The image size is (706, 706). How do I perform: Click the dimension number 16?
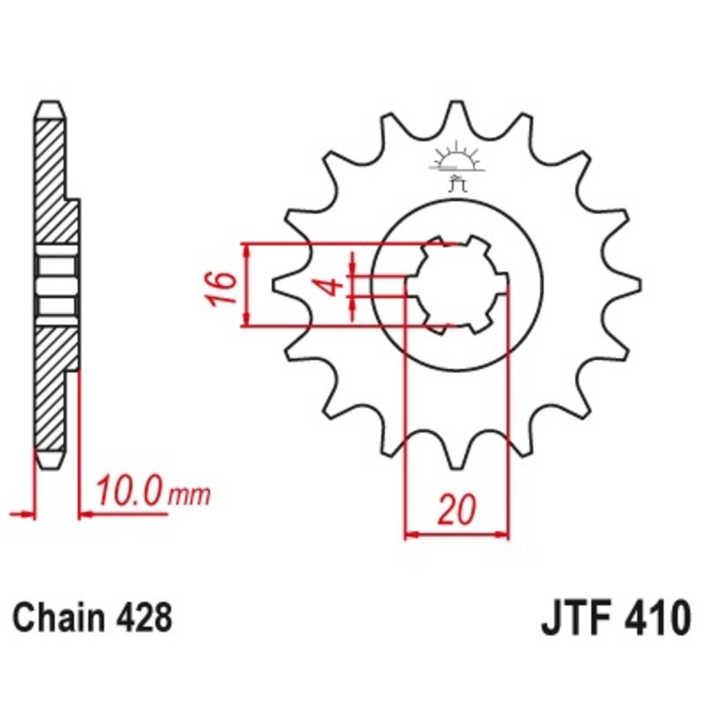222,288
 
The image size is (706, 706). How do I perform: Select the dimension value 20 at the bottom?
457,510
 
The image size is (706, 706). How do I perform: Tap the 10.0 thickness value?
130,491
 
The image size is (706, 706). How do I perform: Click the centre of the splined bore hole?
458,284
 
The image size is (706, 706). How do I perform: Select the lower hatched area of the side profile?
50,388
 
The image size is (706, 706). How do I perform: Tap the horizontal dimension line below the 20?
457,534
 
